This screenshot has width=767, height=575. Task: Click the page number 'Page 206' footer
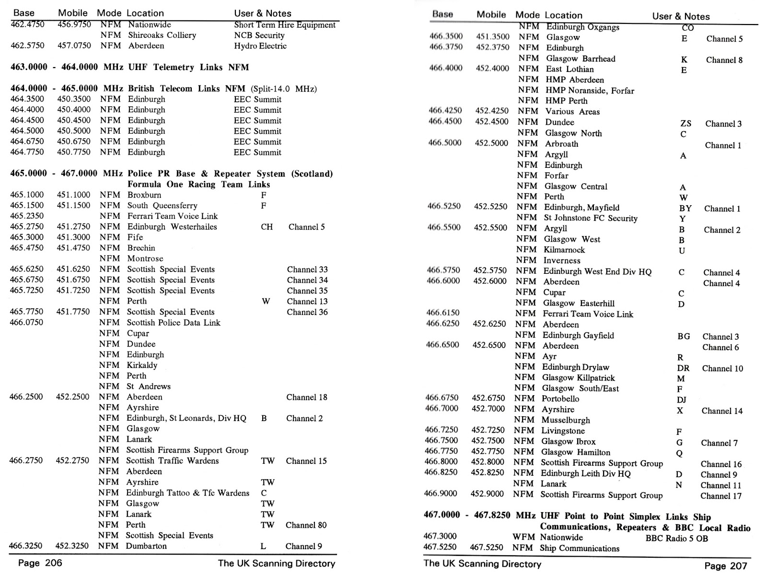pos(40,563)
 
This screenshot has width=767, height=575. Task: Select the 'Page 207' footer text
pos(725,566)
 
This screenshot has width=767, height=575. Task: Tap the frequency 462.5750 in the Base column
pos(27,46)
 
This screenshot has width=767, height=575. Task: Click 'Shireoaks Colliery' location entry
pos(162,35)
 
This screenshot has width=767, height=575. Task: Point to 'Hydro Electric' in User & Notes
pos(260,46)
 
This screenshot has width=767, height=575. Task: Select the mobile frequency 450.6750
pos(73,141)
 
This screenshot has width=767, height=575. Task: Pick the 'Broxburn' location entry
pos(144,195)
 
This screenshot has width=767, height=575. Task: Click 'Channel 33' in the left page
pos(307,270)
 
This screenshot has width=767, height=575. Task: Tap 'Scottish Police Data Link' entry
pos(173,323)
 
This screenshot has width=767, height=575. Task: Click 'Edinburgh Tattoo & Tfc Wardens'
pos(187,493)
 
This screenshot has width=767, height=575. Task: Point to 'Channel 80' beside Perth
pos(306,525)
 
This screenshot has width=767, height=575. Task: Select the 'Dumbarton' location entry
pos(146,546)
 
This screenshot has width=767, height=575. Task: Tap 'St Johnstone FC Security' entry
pos(590,218)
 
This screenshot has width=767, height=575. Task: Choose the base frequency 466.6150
pos(442,313)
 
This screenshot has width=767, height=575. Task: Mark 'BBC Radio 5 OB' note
pos(676,538)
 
